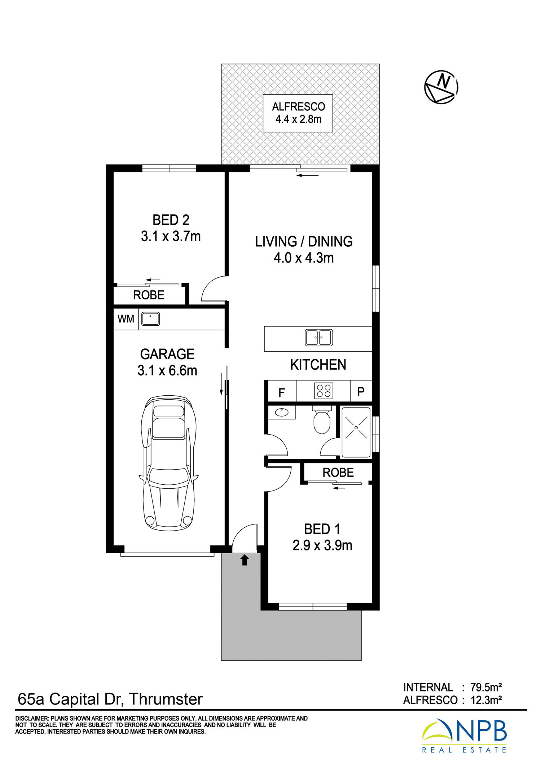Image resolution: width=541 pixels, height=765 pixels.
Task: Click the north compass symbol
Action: pyautogui.click(x=441, y=87)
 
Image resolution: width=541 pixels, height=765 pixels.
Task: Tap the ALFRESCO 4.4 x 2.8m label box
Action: pyautogui.click(x=298, y=113)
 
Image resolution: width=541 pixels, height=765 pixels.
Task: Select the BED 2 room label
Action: pyautogui.click(x=171, y=220)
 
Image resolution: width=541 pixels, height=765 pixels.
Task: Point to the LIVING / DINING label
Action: pyautogui.click(x=304, y=241)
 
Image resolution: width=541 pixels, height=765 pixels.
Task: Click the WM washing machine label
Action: pyautogui.click(x=126, y=319)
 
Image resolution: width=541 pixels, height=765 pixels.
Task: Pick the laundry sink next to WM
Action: pyautogui.click(x=150, y=319)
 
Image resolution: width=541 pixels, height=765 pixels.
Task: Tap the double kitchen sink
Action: pyautogui.click(x=319, y=338)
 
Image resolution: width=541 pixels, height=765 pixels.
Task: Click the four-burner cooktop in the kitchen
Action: pyautogui.click(x=324, y=391)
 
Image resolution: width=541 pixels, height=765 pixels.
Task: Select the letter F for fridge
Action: pyautogui.click(x=282, y=392)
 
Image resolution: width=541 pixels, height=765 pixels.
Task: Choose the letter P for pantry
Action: pyautogui.click(x=361, y=392)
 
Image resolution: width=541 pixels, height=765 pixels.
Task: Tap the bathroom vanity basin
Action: pyautogui.click(x=281, y=412)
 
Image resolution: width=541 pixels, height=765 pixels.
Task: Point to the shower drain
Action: pyautogui.click(x=356, y=427)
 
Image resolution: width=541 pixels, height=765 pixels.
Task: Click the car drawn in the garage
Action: pyautogui.click(x=168, y=463)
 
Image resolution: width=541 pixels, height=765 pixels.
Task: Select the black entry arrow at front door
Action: pyautogui.click(x=245, y=560)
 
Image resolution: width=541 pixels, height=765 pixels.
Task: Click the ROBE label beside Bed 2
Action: pyautogui.click(x=149, y=295)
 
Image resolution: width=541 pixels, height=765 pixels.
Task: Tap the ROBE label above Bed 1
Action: pyautogui.click(x=338, y=472)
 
